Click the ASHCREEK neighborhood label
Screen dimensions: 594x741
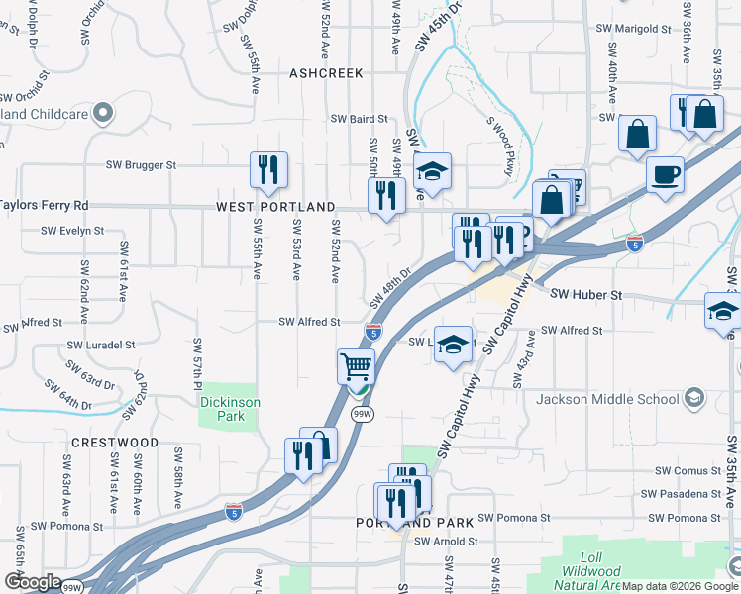(326, 73)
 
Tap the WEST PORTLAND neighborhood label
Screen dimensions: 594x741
(275, 208)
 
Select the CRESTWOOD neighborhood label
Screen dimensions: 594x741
(114, 442)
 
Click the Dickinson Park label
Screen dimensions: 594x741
(228, 409)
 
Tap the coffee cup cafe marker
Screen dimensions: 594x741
(665, 174)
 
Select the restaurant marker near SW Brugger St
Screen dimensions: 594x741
(268, 170)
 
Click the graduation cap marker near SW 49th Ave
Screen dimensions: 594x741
(433, 172)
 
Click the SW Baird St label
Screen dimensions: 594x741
(360, 119)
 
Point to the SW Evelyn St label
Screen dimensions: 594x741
(72, 230)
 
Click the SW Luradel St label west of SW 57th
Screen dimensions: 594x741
(100, 345)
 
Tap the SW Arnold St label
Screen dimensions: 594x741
(446, 542)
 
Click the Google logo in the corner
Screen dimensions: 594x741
(33, 582)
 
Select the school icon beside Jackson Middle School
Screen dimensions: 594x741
(694, 399)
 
